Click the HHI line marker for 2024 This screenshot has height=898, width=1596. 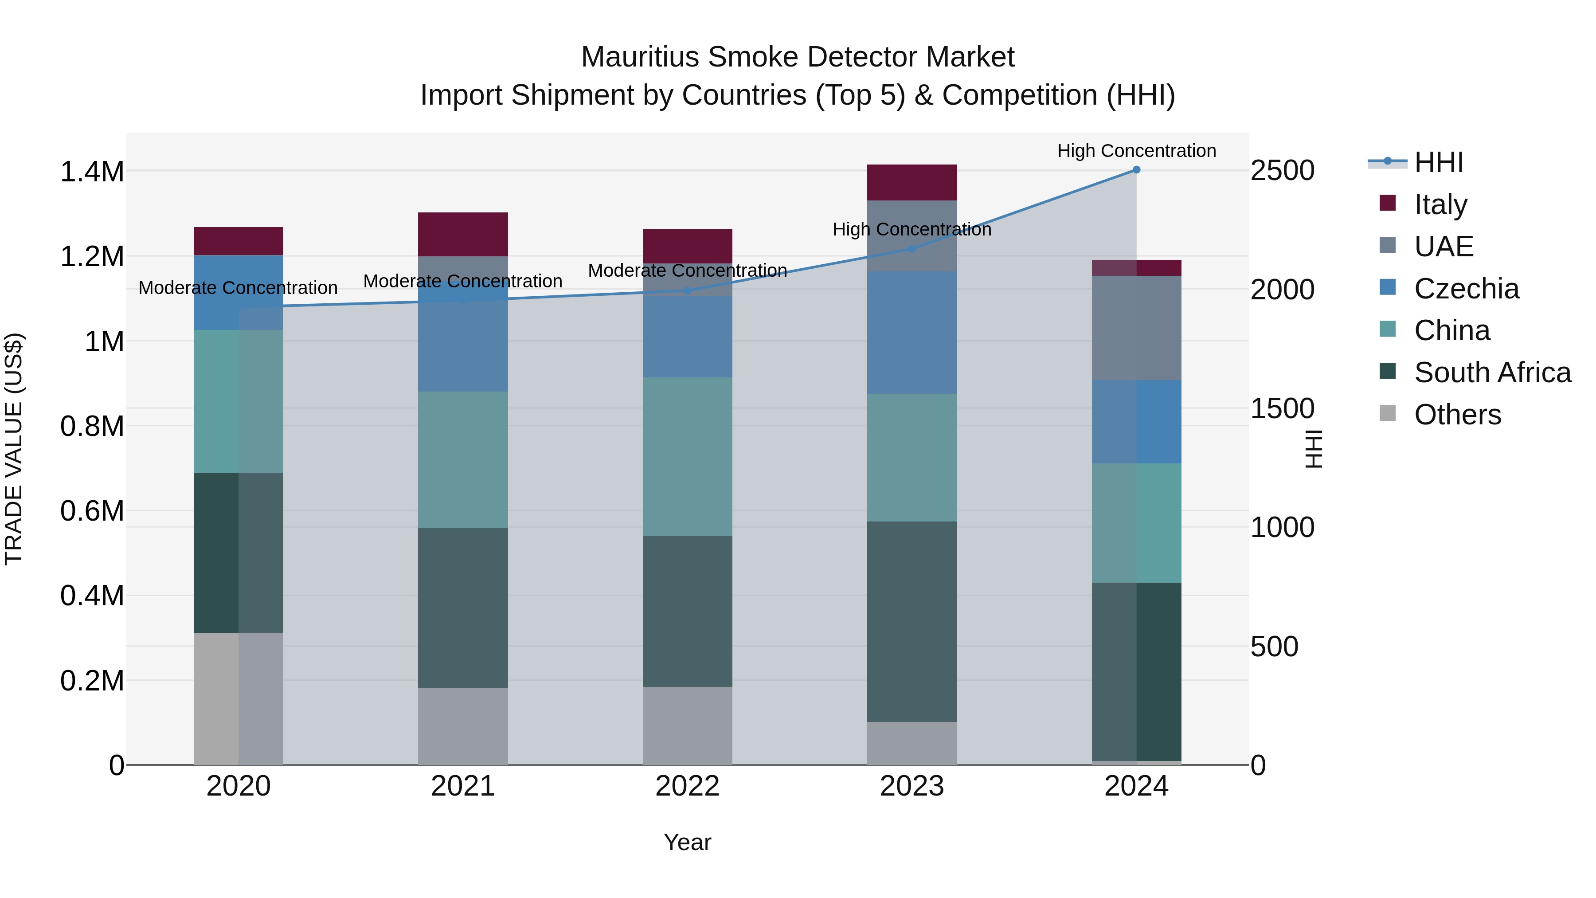coord(1136,170)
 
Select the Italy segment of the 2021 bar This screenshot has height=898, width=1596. coord(463,234)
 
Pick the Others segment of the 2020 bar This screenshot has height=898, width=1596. coord(239,698)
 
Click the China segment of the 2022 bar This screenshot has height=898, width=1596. coord(687,457)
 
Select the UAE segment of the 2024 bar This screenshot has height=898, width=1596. coord(1136,328)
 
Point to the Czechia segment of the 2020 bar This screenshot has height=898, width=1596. coord(239,293)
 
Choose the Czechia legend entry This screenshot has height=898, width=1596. coord(1467,289)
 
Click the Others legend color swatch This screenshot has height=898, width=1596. coord(1388,413)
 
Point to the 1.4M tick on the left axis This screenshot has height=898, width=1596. coord(92,172)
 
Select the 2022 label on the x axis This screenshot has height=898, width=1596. coord(687,786)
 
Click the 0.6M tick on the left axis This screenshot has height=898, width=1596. coord(92,511)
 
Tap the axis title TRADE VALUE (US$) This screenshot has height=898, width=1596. coord(14,449)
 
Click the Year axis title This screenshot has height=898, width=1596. coord(687,842)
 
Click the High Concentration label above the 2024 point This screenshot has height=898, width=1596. coord(1136,151)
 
